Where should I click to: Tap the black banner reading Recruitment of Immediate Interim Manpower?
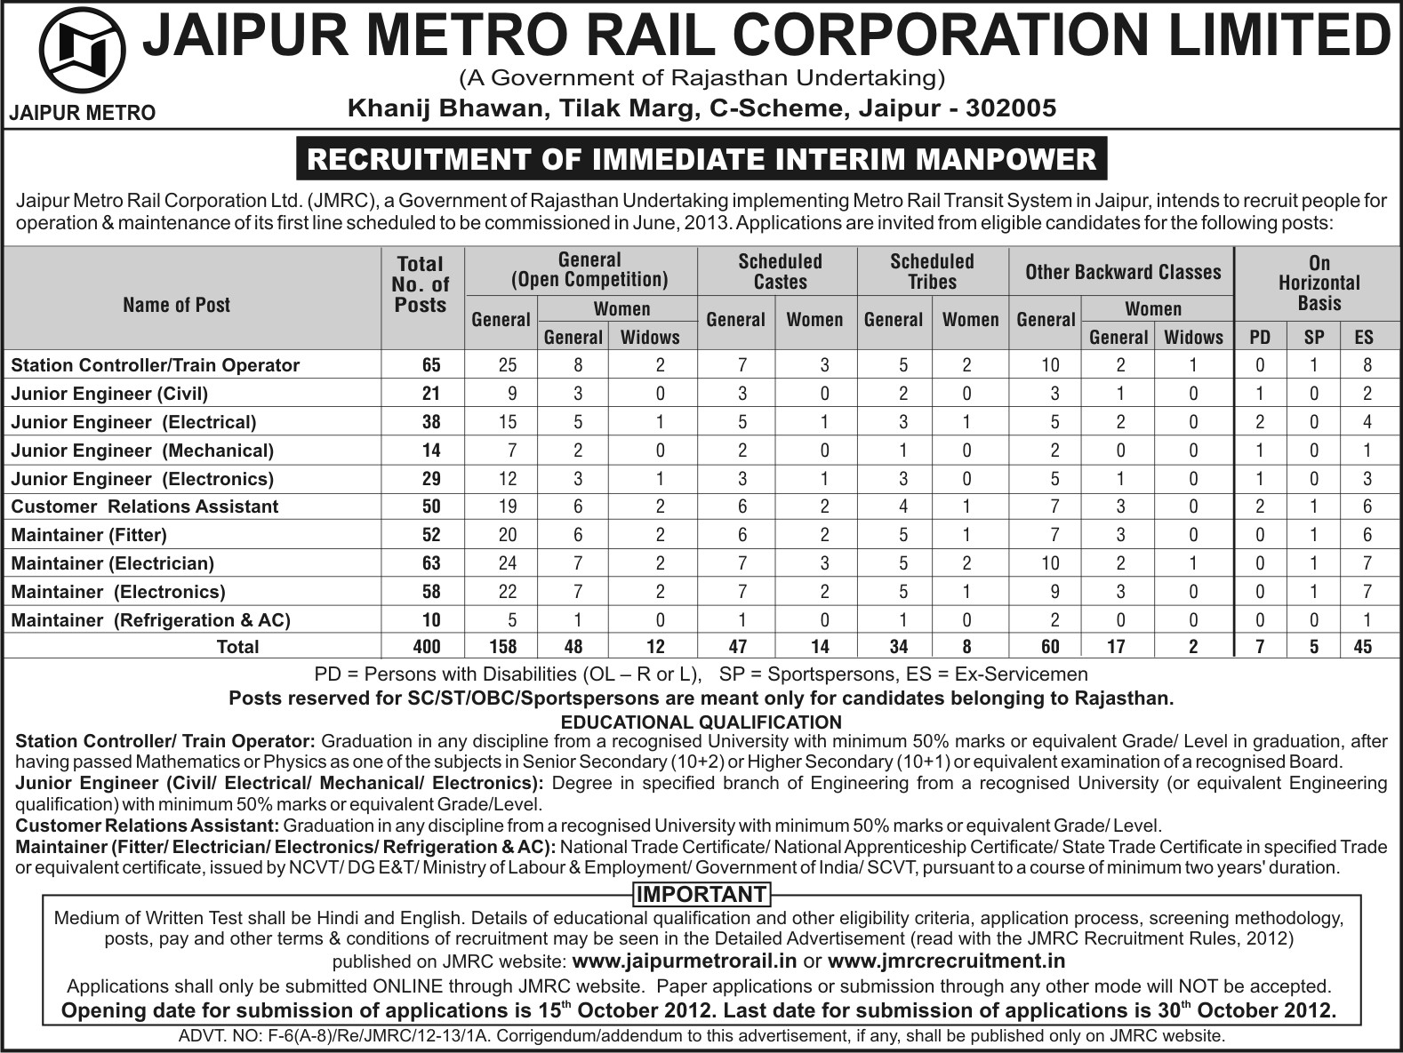point(701,159)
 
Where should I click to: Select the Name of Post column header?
point(176,305)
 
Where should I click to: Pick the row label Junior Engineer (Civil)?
point(109,394)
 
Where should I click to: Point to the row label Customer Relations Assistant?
point(145,507)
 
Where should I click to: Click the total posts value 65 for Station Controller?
point(430,365)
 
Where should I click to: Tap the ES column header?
point(1364,337)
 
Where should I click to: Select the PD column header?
point(1260,337)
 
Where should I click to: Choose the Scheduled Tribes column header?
point(932,271)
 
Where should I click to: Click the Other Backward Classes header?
point(1123,271)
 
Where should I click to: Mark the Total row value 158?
point(501,646)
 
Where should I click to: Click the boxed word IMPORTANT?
point(701,894)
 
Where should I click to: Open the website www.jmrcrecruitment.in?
point(946,961)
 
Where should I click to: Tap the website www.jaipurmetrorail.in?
point(685,961)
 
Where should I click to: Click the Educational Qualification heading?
point(701,722)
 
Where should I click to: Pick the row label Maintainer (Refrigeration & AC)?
point(151,620)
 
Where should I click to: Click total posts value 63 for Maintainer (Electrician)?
point(430,563)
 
